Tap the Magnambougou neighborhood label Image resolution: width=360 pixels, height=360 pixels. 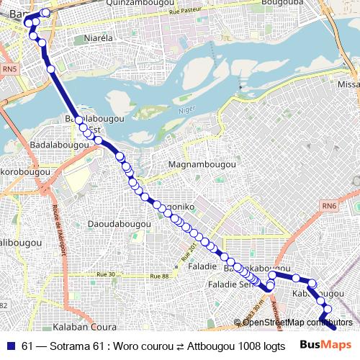click(x=202, y=165)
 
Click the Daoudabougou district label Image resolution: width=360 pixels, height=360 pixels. click(x=119, y=224)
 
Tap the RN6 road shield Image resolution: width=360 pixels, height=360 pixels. click(x=330, y=207)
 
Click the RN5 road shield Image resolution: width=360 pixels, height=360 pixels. click(x=9, y=69)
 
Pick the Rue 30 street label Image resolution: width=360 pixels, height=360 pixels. click(x=106, y=274)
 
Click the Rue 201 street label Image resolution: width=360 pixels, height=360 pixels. click(x=188, y=252)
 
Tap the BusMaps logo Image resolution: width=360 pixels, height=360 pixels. click(x=320, y=345)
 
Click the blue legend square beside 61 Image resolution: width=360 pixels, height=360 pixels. click(x=11, y=346)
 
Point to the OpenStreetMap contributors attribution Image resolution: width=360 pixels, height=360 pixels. click(x=293, y=322)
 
